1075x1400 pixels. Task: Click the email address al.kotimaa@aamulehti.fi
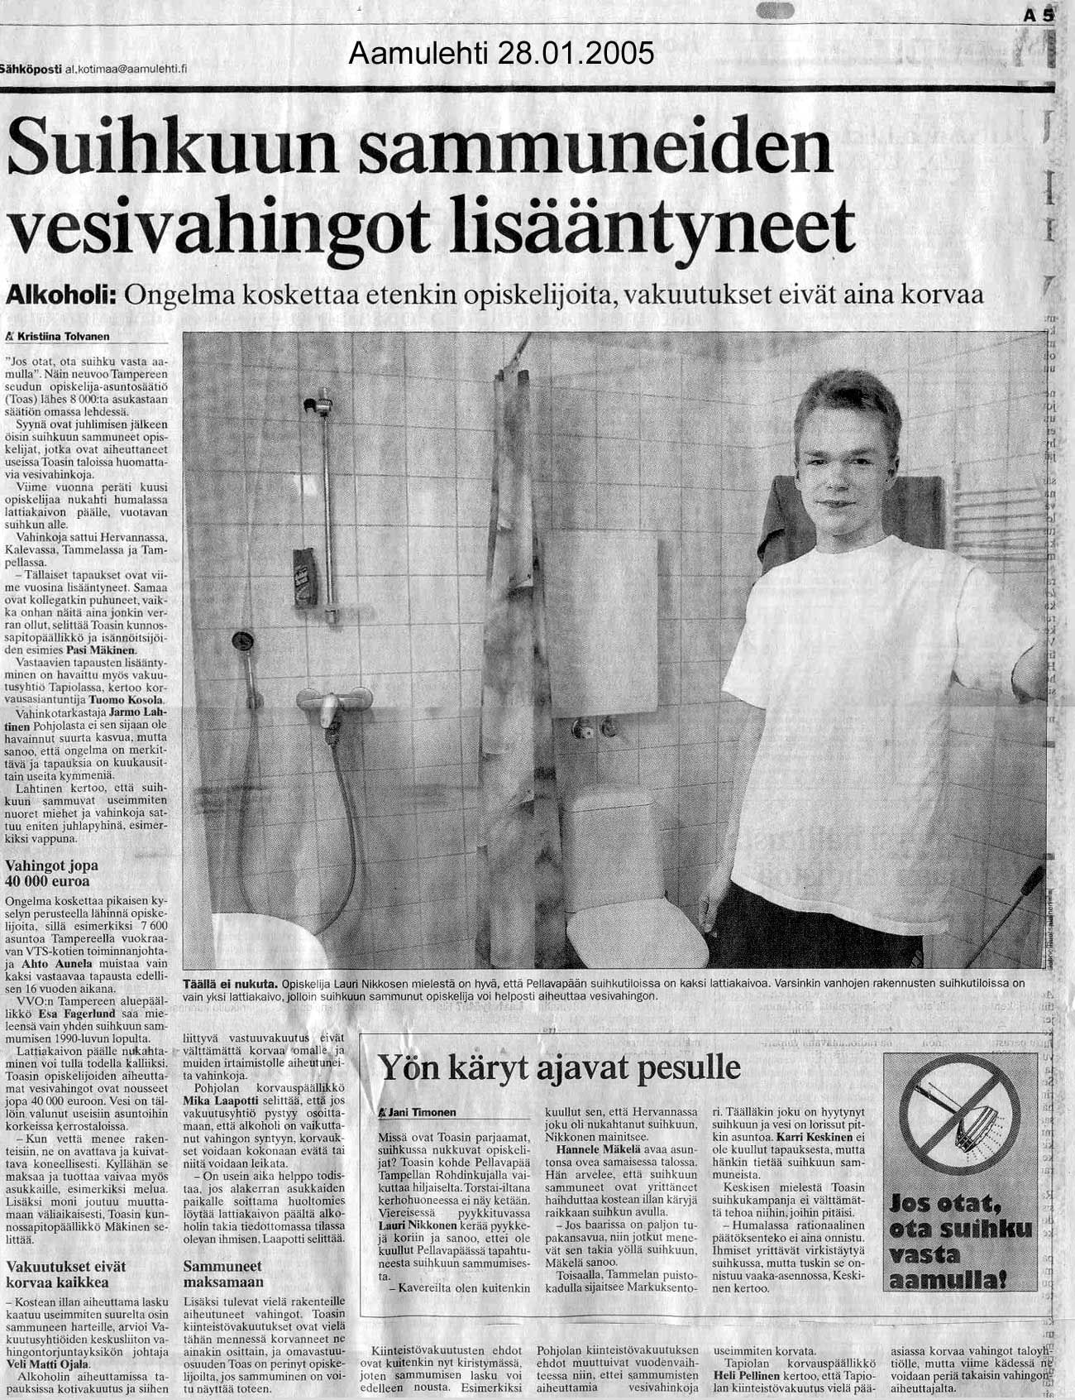[126, 70]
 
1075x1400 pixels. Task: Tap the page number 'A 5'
[1039, 15]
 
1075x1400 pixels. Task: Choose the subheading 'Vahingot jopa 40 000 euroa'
[51, 873]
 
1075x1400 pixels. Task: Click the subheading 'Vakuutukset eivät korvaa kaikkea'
[57, 1274]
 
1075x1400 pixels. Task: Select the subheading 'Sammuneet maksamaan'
[223, 1274]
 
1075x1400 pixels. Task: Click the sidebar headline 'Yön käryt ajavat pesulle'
[559, 1067]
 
